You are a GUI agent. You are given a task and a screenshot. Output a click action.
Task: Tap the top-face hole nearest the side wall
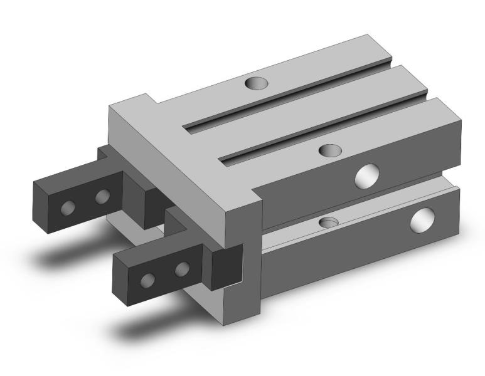coord(330,150)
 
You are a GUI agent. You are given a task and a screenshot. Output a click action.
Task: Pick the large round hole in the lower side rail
coord(422,221)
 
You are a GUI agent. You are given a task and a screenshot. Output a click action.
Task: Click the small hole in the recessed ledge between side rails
coord(329,222)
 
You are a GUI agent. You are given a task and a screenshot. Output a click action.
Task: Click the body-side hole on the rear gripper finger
coord(102,197)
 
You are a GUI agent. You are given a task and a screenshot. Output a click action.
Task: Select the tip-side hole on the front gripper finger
coord(149,279)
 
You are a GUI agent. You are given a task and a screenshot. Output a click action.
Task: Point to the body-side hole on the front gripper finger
coord(182,269)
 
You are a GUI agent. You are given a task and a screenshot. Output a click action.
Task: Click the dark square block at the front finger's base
coord(226,266)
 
